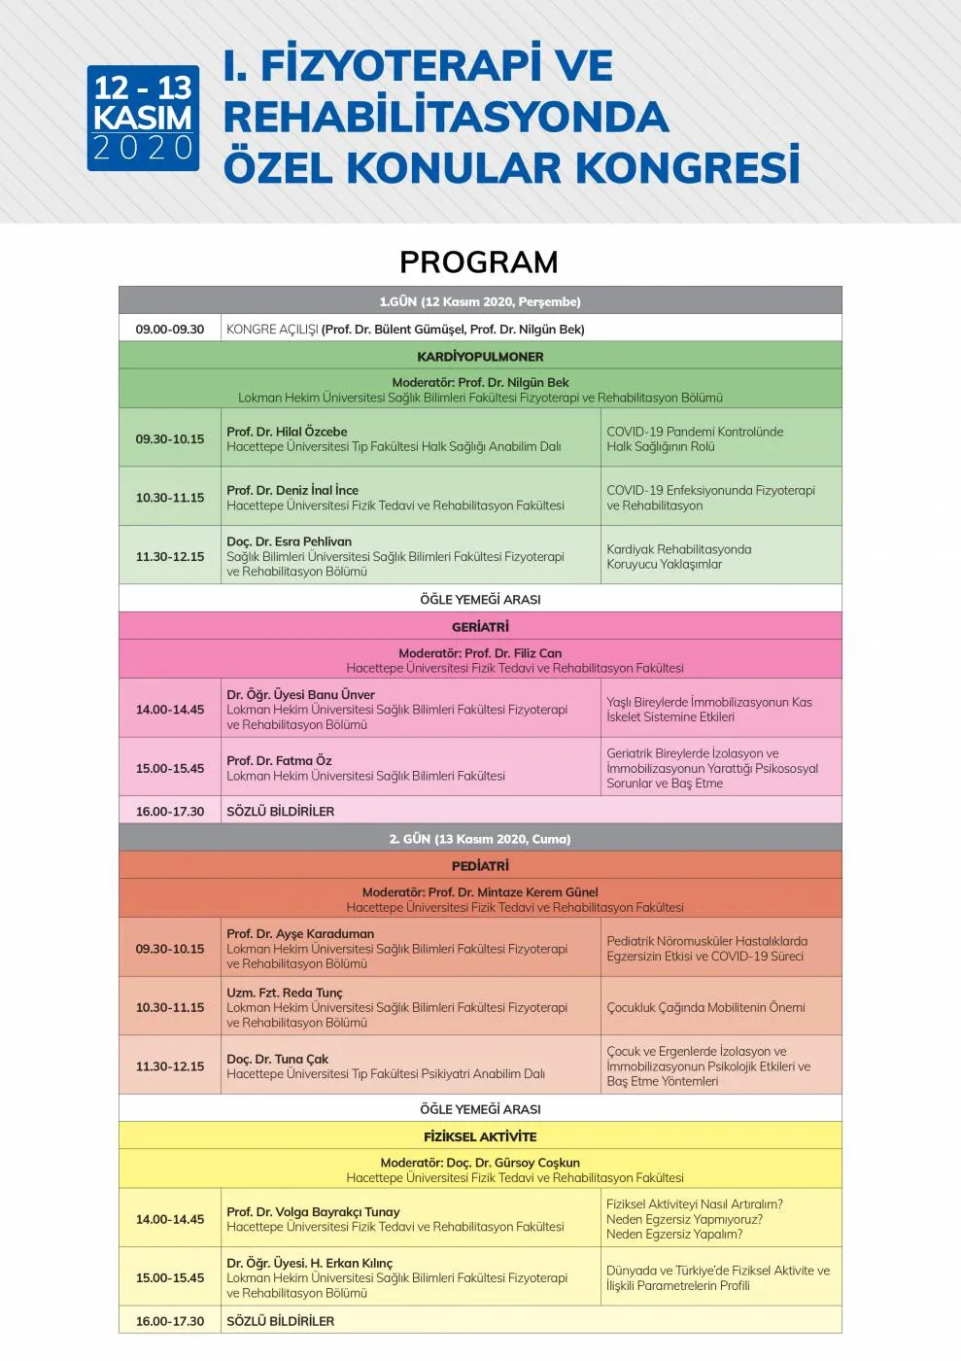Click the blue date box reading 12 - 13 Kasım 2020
pos(143,119)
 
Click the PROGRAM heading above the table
pos(479,262)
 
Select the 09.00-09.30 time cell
pos(170,330)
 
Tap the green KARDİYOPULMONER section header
pos(480,357)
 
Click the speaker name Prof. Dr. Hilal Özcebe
pos(287,432)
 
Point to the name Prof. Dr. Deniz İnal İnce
pos(292,490)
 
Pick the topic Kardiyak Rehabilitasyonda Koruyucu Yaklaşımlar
pos(678,556)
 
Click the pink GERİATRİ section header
pos(480,627)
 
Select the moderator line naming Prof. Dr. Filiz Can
pos(480,653)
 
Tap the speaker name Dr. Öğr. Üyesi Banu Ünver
pos(300,694)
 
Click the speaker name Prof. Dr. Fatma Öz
pos(279,760)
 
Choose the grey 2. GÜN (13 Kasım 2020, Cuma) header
pos(480,839)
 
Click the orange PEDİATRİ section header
pos(480,866)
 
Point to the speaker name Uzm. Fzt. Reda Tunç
pos(285,993)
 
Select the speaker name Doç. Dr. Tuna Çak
pos(278,1059)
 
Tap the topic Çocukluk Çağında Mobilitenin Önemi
pos(705,1007)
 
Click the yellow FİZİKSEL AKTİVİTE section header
pos(480,1136)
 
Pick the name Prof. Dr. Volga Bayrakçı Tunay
pos(313,1211)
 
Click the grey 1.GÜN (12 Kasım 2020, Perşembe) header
pos(480,301)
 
